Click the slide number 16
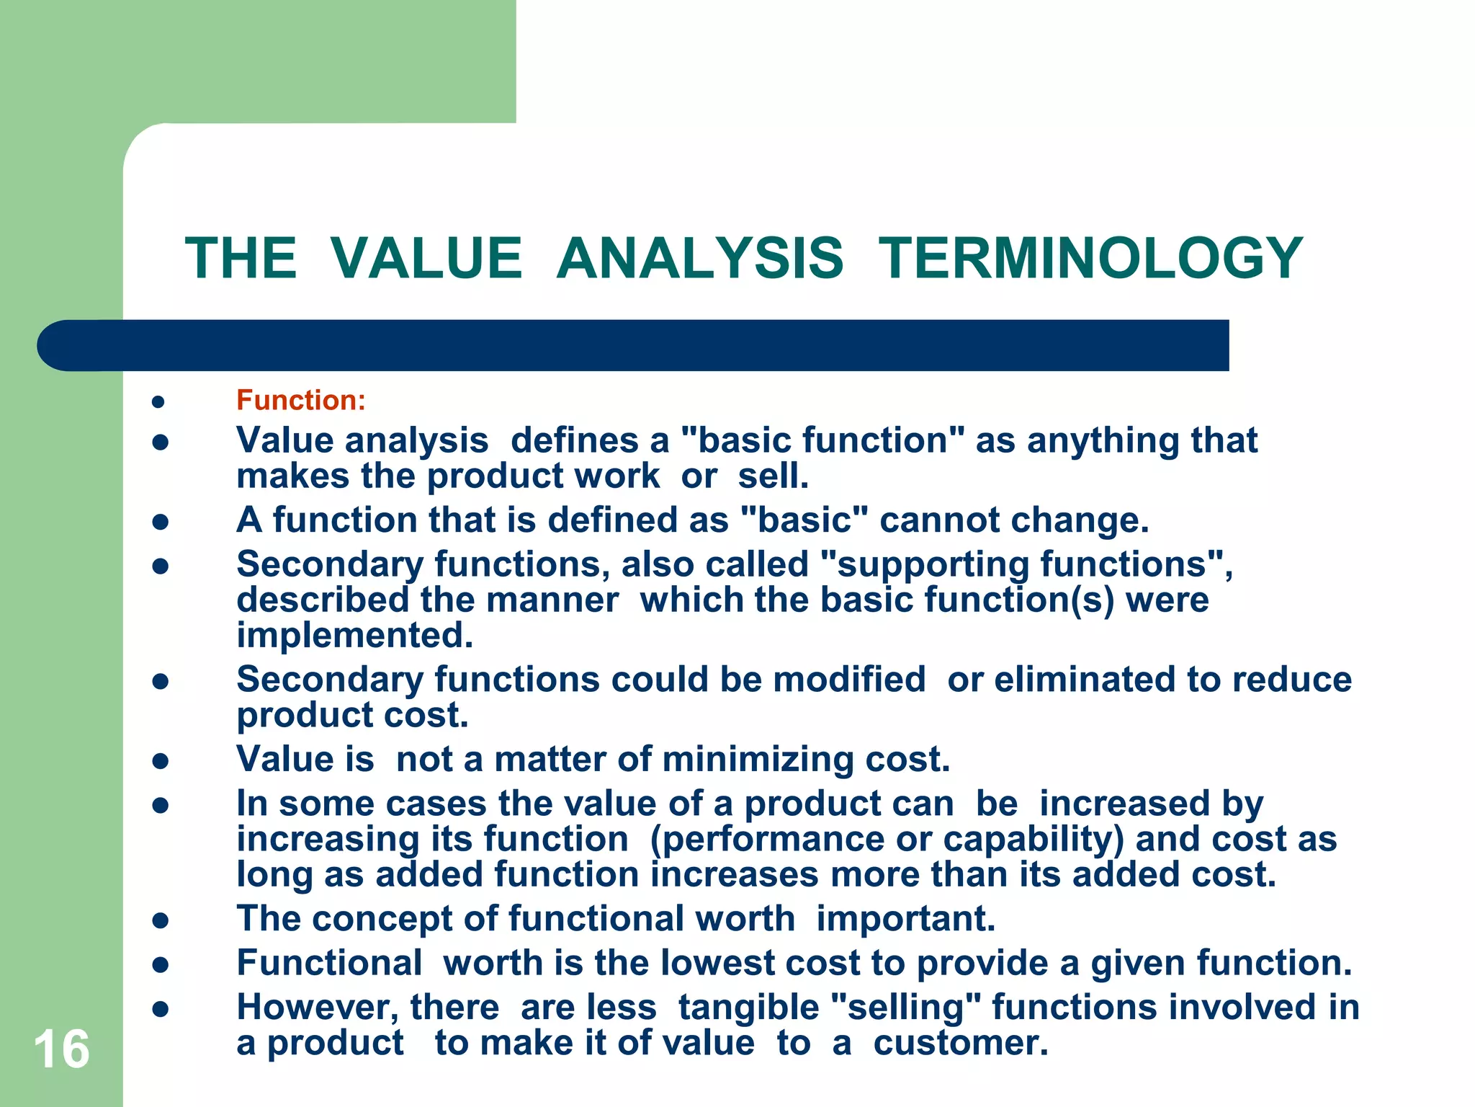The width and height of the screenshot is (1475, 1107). click(61, 1049)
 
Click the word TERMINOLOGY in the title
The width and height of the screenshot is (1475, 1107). click(1090, 258)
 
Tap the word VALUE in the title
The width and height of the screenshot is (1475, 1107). click(426, 258)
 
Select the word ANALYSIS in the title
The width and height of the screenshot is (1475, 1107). click(699, 258)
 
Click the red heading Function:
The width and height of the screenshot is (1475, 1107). click(301, 400)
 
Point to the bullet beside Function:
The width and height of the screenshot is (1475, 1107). click(160, 401)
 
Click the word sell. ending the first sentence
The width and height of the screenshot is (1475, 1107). click(774, 476)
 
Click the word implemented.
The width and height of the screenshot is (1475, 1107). click(354, 636)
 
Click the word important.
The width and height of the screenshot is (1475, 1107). click(905, 919)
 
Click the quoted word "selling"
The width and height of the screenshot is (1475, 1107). click(905, 1008)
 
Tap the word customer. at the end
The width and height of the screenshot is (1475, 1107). click(961, 1044)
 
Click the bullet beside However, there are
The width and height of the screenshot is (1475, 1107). click(160, 1009)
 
